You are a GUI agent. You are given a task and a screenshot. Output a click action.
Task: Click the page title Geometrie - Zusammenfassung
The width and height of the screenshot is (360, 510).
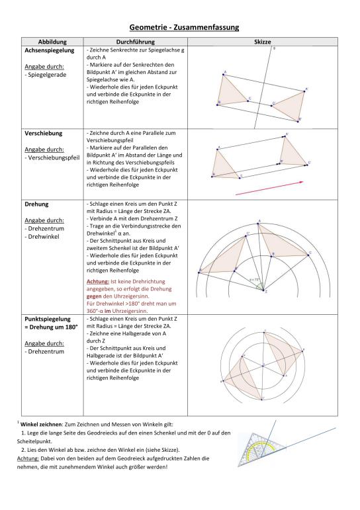184,27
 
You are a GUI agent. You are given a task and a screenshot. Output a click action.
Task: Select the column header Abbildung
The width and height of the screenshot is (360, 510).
52,42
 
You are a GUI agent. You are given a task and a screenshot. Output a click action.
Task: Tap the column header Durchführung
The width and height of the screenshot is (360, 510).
136,42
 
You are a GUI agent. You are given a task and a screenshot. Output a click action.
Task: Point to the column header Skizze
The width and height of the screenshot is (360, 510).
262,42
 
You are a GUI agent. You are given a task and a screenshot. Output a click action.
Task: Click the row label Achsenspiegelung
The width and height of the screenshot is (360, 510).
50,50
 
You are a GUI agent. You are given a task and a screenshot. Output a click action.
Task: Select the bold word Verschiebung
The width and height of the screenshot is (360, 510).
43,134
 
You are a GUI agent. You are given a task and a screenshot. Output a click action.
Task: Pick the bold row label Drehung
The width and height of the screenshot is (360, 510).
36,204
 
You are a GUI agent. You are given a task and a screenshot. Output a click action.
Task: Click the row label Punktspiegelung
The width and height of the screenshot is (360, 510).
48,319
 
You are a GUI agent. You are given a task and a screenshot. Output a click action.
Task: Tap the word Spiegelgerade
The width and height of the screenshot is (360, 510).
47,75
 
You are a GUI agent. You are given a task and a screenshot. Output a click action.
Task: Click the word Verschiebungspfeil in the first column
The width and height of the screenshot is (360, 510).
54,157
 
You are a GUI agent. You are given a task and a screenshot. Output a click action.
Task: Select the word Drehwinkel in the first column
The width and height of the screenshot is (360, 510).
44,237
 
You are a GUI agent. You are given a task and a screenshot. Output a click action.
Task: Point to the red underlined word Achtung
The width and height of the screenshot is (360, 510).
97,282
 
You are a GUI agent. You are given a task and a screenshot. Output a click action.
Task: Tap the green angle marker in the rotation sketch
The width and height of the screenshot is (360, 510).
259,286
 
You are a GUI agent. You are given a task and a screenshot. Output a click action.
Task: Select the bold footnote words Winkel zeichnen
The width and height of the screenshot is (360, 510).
41,425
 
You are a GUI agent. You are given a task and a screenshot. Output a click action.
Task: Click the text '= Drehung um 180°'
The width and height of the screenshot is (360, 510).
51,327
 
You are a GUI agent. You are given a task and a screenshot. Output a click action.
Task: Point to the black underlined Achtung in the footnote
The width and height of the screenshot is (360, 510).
28,458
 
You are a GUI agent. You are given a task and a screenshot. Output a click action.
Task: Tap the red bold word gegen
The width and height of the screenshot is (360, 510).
94,296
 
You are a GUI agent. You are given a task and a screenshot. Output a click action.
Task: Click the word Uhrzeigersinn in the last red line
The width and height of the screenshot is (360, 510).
130,311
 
